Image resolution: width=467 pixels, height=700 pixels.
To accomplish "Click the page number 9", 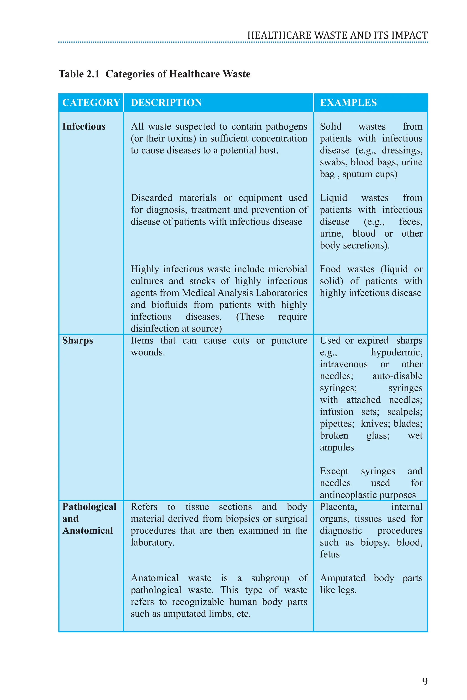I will click(x=425, y=681).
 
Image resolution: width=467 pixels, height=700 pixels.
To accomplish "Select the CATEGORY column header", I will click(x=91, y=103).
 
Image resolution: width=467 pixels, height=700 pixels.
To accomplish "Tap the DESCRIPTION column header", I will click(x=166, y=103).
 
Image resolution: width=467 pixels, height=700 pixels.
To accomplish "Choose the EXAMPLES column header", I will click(x=348, y=103).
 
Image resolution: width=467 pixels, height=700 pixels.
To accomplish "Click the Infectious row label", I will click(x=84, y=126).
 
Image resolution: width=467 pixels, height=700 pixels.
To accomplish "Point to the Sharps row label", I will click(x=78, y=340).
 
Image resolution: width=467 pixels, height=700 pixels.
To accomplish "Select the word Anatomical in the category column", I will click(x=88, y=530).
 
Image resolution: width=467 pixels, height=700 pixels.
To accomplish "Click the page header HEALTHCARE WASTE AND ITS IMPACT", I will click(x=337, y=35).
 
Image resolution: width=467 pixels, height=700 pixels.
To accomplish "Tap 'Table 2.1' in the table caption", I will click(x=79, y=74).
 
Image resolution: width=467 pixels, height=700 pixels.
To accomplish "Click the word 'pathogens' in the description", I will click(x=286, y=126).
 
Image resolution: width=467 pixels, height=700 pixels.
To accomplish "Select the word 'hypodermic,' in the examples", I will click(x=396, y=352).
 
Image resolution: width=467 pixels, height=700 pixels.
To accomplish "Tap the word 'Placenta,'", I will click(x=338, y=507).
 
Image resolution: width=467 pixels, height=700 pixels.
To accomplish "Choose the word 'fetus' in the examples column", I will click(x=330, y=554).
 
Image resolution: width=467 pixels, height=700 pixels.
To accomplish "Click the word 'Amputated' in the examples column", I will click(x=342, y=578).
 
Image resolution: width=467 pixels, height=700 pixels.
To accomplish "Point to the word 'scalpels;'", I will click(x=405, y=412).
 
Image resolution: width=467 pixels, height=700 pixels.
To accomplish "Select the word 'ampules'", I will click(x=337, y=447).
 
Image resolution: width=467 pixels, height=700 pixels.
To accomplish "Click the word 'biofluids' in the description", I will click(x=169, y=305).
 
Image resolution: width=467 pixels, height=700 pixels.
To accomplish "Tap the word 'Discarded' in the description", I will click(x=152, y=198).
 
